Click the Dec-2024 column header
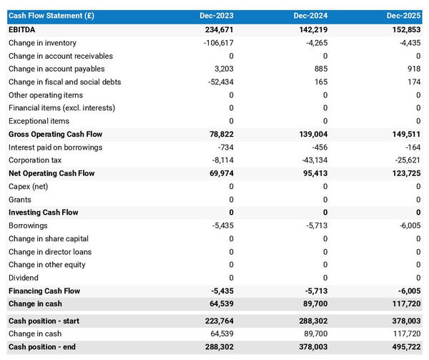coord(310,16)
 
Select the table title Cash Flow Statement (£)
coord(51,16)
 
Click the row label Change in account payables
coord(56,69)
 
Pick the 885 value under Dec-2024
coord(320,69)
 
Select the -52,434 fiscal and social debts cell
coord(217,82)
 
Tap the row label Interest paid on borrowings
coord(55,147)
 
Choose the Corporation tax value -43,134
coord(311,160)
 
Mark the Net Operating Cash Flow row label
coord(51,173)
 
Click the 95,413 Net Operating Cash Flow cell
coord(312,173)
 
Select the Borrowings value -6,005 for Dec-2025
coord(408,225)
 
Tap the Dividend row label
coord(24,278)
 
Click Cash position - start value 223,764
coord(217,321)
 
